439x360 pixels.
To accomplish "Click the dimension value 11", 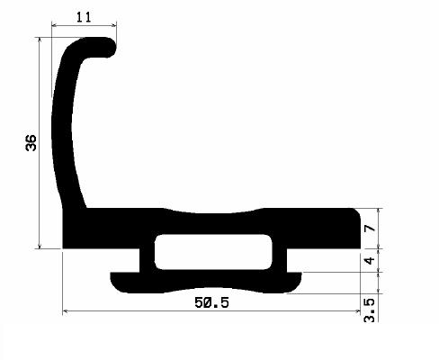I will click(x=84, y=16).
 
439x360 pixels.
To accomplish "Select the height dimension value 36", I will click(x=31, y=143).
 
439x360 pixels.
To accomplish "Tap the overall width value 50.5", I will click(x=211, y=303).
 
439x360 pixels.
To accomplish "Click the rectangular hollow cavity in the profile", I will click(x=212, y=252).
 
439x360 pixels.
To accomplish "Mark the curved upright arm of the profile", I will click(x=67, y=135).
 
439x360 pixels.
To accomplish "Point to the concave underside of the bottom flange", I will click(x=212, y=290).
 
